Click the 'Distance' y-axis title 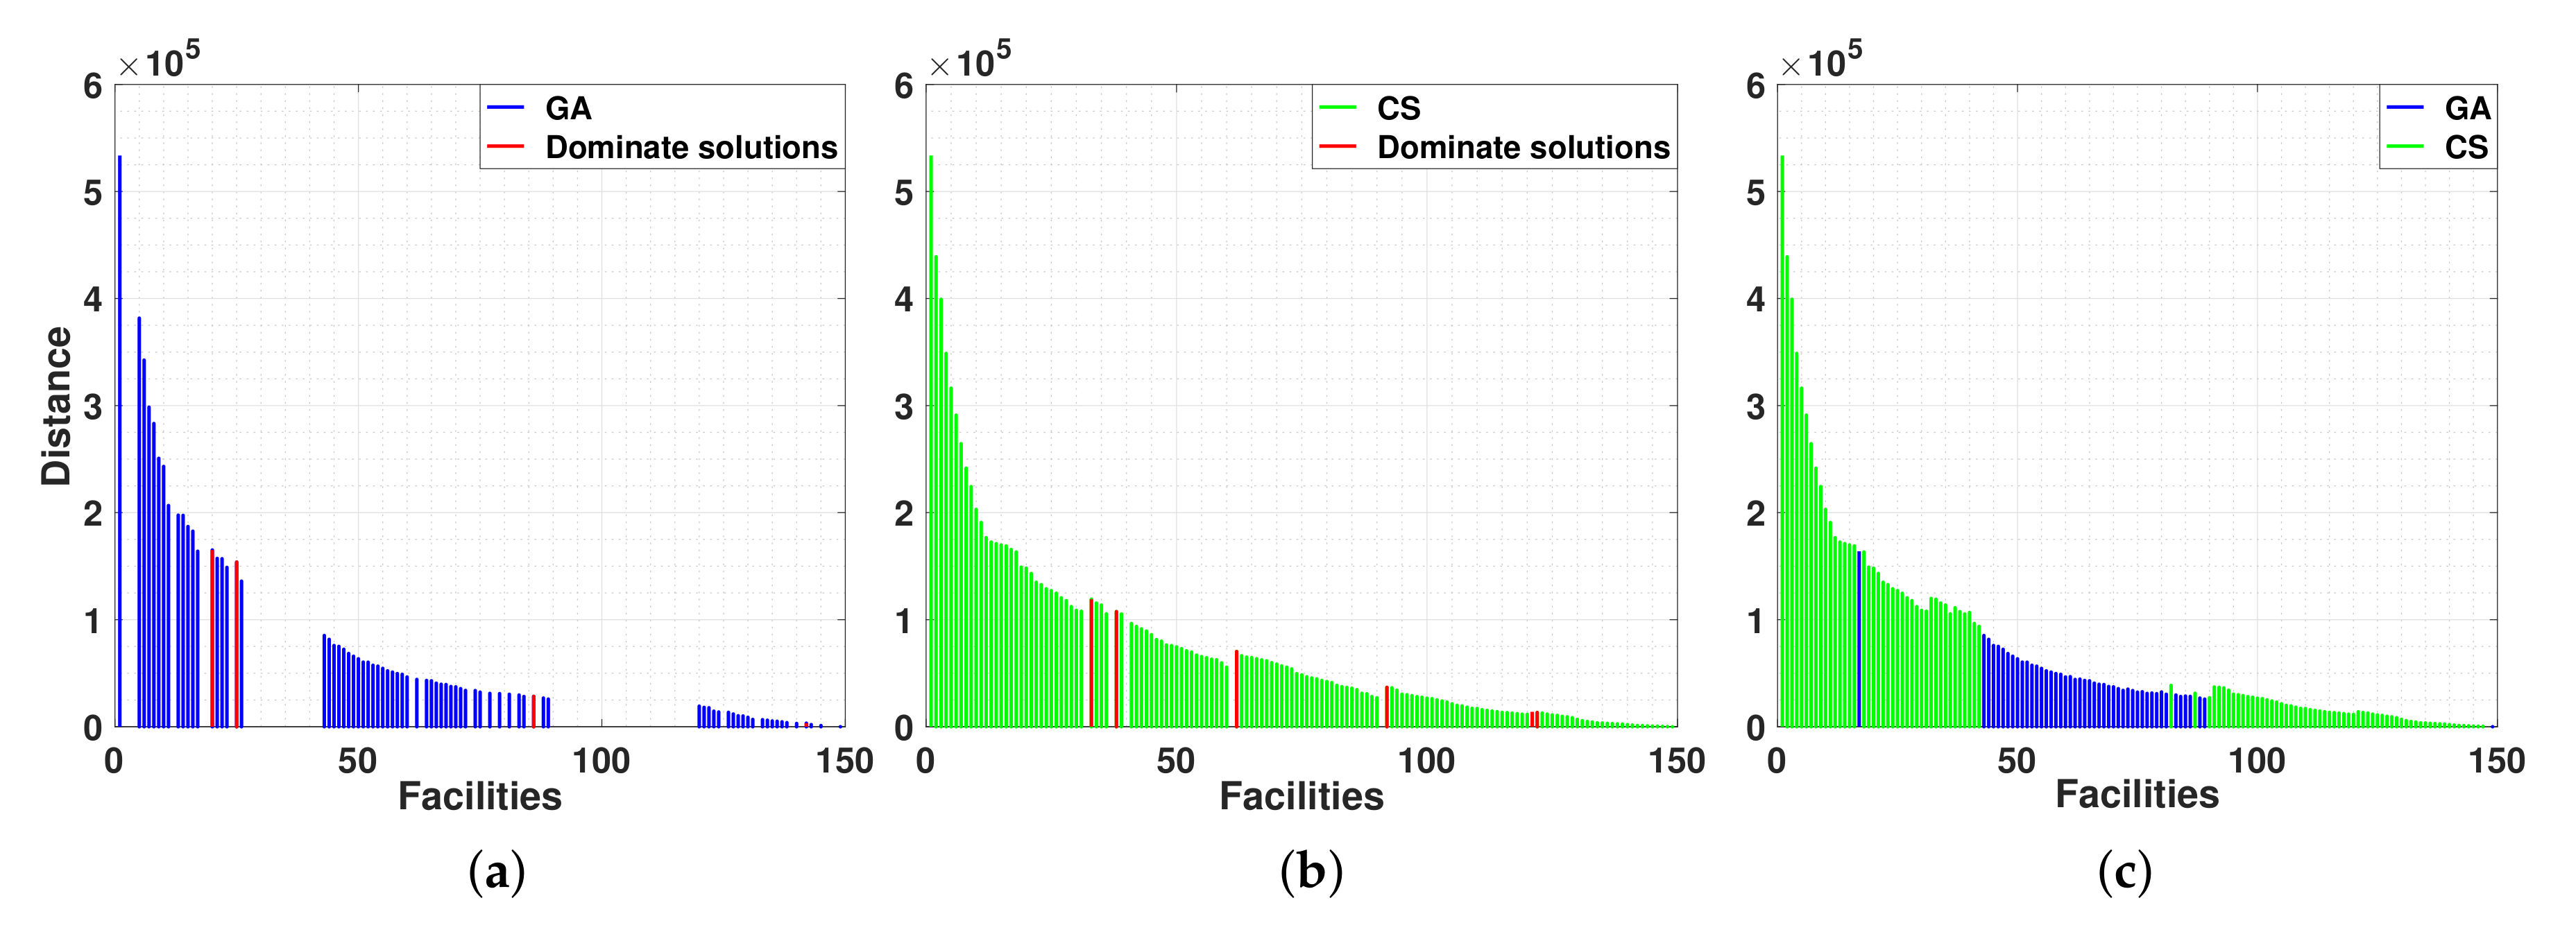coord(57,406)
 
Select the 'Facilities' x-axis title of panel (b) coord(1301,796)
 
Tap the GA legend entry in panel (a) coord(568,108)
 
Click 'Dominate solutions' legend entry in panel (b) coord(1523,147)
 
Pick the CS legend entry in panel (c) coord(2466,147)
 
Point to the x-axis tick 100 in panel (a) coord(600,761)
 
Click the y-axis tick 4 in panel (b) coord(903,299)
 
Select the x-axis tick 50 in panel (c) coord(2016,761)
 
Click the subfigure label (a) coord(496,872)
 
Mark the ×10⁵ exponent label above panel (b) coord(970,62)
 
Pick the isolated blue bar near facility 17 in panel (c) coord(1859,641)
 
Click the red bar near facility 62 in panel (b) coord(1236,689)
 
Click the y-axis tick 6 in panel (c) coord(1755,87)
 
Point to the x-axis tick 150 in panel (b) coord(1677,761)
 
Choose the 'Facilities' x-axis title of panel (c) coord(2137,794)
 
